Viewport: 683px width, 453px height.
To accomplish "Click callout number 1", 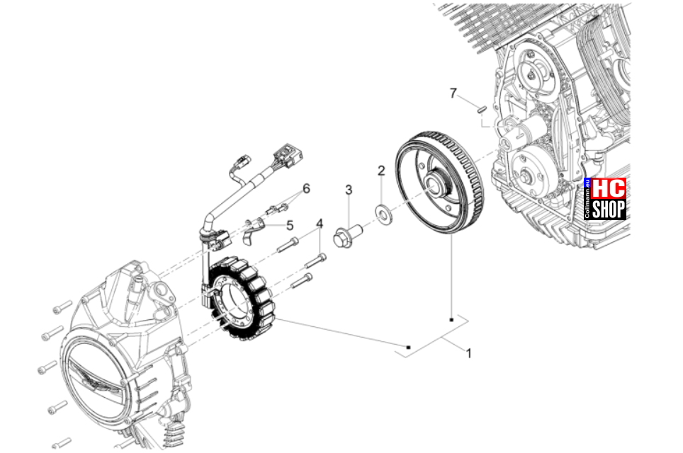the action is pyautogui.click(x=469, y=353).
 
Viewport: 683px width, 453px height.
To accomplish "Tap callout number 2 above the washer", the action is pyautogui.click(x=381, y=171).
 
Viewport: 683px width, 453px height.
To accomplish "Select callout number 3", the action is pyautogui.click(x=349, y=190).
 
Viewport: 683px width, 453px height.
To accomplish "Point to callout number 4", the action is pyautogui.click(x=320, y=224).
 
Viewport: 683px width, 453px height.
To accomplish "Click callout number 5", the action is pyautogui.click(x=290, y=225).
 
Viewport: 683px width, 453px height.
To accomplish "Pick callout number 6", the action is pyautogui.click(x=306, y=189).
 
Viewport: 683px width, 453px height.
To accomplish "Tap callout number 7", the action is pyautogui.click(x=453, y=93).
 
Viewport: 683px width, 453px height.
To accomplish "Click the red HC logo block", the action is pyautogui.click(x=609, y=189).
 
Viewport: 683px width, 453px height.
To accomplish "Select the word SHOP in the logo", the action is pyautogui.click(x=609, y=210).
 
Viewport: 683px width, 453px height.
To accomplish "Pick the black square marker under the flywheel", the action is pyautogui.click(x=452, y=320).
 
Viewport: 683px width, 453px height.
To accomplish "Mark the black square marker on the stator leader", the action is pyautogui.click(x=408, y=348).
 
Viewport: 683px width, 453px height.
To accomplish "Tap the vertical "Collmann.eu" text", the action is pyautogui.click(x=587, y=199).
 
